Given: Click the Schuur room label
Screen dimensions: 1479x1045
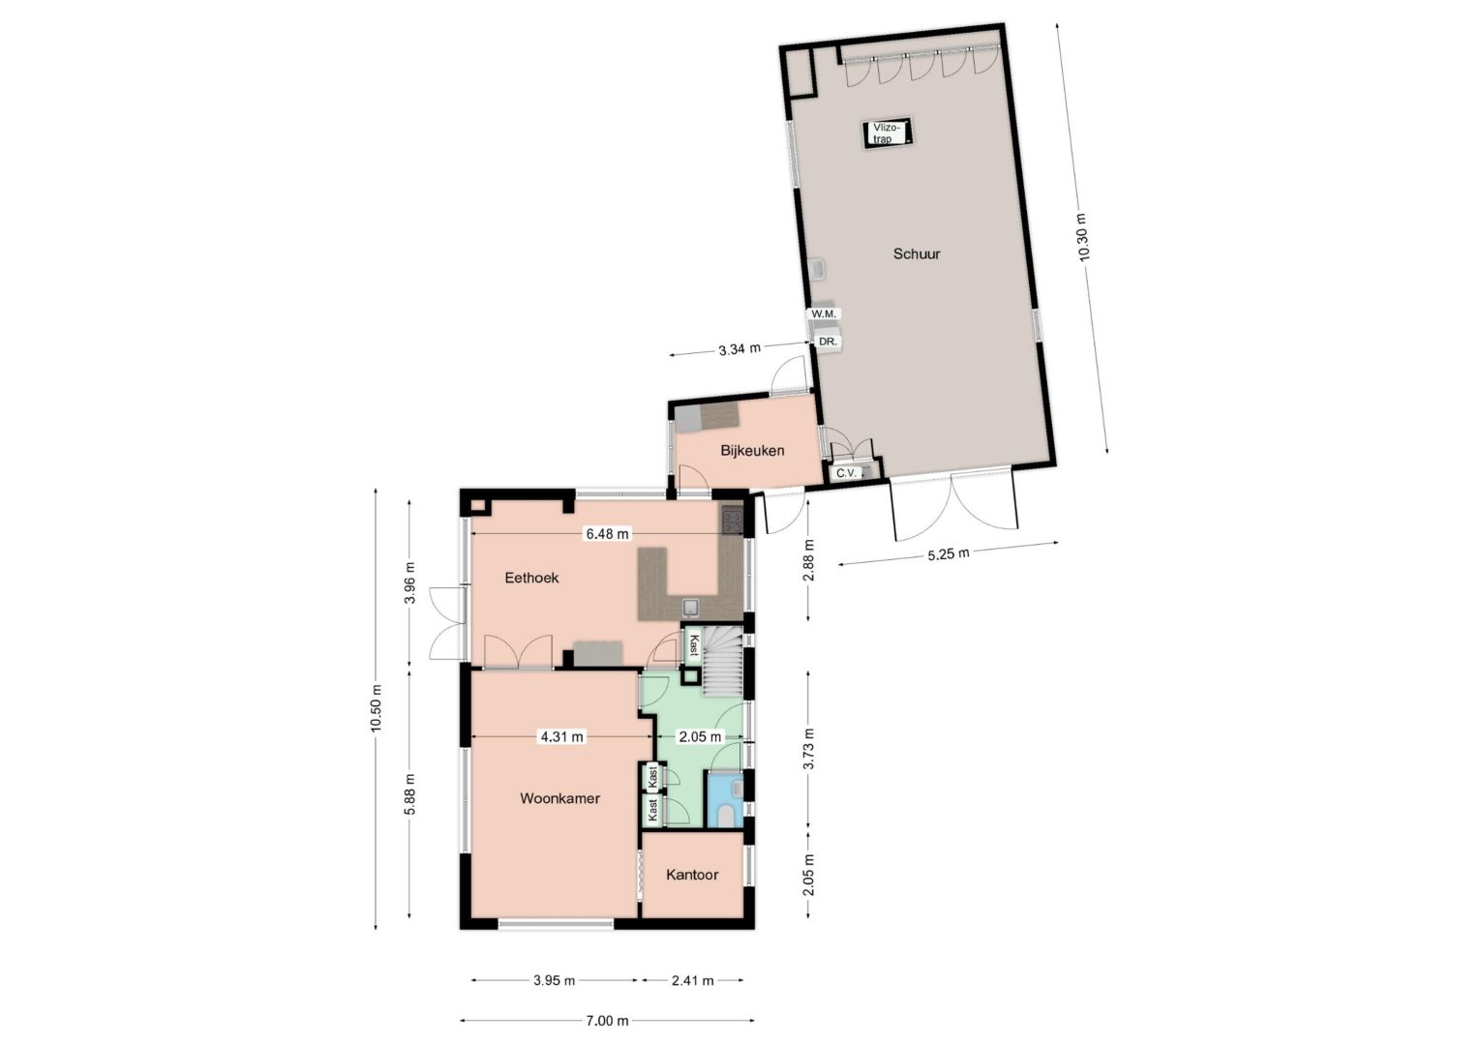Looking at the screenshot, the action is (917, 254).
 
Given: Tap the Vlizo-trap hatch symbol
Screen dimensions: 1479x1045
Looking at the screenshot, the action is (888, 134).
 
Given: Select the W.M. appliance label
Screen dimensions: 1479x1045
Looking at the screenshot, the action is (824, 314).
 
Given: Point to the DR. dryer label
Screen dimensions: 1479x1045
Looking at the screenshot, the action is (828, 342).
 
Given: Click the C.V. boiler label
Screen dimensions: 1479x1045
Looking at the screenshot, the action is (846, 472).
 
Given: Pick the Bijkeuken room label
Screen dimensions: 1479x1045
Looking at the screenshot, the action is (752, 451).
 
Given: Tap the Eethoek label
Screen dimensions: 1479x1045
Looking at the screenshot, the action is (531, 578).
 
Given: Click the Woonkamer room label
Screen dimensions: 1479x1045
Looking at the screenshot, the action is (559, 798).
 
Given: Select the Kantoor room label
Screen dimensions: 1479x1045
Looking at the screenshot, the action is (692, 875).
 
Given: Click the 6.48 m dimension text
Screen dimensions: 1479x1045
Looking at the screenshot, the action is (608, 533).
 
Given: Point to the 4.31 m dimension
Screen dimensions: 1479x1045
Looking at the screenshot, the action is (562, 736).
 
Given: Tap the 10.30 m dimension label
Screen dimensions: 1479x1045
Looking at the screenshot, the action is (1082, 238).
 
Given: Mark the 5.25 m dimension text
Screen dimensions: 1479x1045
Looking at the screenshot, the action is (949, 553).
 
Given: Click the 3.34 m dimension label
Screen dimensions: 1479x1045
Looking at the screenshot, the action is (739, 349).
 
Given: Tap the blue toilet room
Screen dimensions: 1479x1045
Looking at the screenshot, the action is (725, 799).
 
